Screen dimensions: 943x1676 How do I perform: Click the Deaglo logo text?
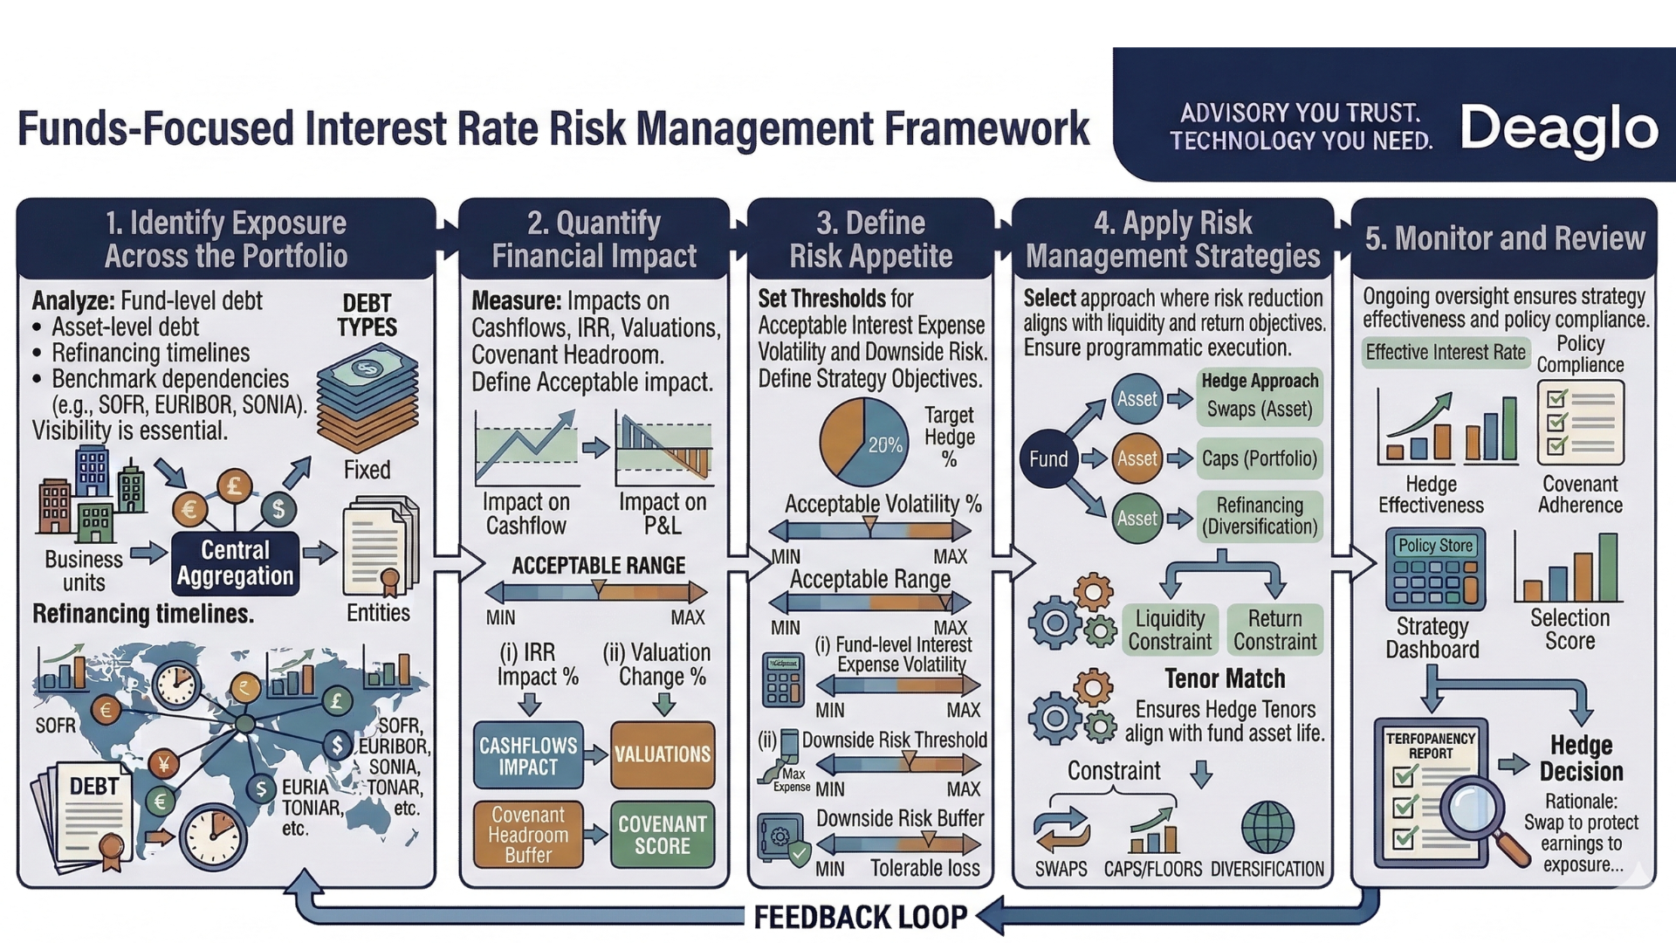click(x=1558, y=128)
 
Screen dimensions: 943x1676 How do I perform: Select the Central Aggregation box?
click(x=235, y=563)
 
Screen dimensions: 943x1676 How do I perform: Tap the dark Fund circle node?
click(x=1048, y=458)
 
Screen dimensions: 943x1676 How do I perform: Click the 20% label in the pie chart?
click(x=884, y=445)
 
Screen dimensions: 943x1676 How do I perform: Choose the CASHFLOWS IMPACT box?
click(x=528, y=755)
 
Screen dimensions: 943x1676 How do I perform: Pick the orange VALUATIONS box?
click(x=662, y=754)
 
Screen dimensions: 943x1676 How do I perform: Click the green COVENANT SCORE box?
click(x=662, y=835)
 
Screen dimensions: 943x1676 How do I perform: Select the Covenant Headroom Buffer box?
click(x=528, y=835)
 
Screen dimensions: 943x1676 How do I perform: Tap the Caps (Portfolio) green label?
click(x=1259, y=458)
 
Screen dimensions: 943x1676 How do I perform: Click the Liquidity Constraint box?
click(x=1170, y=630)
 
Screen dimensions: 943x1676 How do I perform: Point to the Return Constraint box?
click(x=1274, y=630)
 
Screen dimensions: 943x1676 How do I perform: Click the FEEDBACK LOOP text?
click(x=860, y=918)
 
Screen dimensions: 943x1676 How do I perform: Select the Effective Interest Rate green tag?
click(x=1446, y=352)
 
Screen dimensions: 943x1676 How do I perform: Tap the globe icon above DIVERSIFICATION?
click(x=1267, y=827)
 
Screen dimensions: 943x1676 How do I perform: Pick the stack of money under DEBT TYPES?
click(x=367, y=396)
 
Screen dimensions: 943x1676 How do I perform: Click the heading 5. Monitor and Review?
click(x=1504, y=238)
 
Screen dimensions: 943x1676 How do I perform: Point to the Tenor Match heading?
click(x=1225, y=678)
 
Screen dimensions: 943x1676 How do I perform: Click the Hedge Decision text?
click(x=1581, y=758)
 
